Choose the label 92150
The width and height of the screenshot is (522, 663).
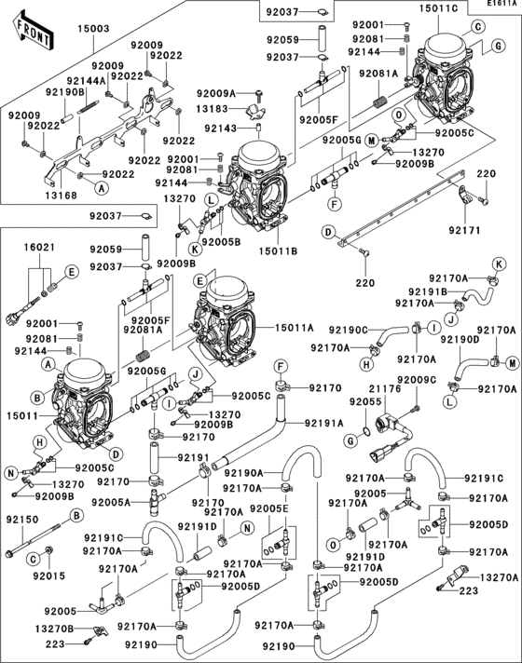click(22, 518)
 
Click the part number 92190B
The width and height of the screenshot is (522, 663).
click(64, 92)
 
